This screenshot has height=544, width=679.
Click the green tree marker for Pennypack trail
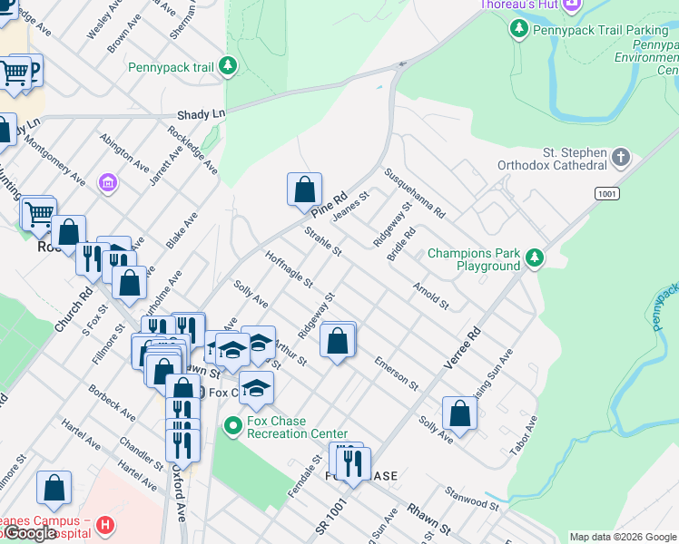tap(228, 66)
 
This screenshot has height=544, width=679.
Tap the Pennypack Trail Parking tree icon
tap(518, 30)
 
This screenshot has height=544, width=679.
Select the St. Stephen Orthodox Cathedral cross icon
tap(621, 158)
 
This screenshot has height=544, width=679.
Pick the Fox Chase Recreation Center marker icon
tap(232, 424)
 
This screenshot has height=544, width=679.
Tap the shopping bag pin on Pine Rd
tap(305, 190)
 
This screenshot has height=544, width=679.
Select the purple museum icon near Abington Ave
tap(108, 185)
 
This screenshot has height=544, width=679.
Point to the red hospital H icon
tap(106, 525)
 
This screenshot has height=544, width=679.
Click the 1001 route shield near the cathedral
tap(607, 194)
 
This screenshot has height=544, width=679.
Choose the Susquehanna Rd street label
tap(414, 193)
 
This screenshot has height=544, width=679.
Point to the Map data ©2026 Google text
tap(623, 537)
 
